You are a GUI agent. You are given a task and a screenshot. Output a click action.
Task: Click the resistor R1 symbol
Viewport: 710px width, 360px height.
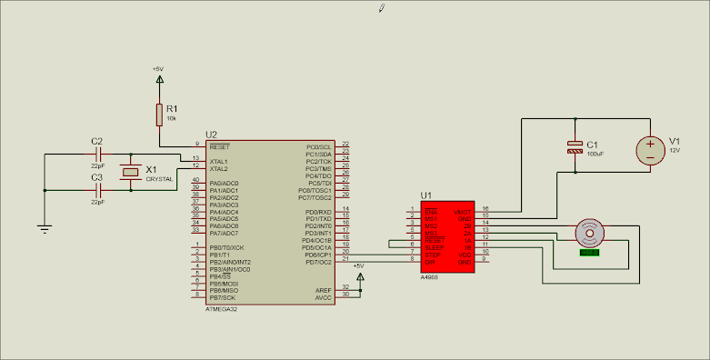point(159,115)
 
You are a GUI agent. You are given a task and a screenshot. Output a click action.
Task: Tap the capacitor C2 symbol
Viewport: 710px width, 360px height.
point(97,155)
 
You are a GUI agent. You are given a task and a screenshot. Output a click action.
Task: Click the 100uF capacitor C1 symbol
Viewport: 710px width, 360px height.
point(575,147)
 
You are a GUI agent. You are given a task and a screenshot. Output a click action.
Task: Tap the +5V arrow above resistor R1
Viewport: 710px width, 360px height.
point(160,79)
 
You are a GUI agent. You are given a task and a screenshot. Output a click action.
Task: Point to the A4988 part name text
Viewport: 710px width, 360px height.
point(429,275)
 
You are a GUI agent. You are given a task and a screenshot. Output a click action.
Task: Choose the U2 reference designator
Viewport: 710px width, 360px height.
point(212,135)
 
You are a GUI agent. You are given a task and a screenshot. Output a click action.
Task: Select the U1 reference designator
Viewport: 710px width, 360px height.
point(425,195)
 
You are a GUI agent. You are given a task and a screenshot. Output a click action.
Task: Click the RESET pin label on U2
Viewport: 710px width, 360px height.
point(219,146)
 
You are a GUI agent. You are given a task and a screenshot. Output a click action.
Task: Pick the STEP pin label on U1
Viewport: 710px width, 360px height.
point(432,254)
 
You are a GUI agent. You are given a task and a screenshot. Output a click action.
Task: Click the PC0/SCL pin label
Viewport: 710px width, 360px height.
point(319,146)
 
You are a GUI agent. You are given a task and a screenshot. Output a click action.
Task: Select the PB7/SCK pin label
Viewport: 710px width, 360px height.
point(223,296)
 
